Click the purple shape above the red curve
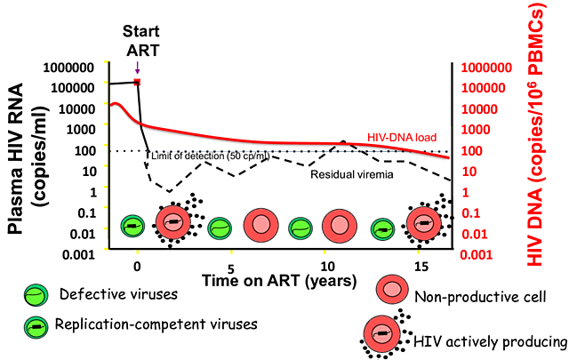coord(137,68)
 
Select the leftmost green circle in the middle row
coord(132,226)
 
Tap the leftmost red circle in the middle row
coord(173,222)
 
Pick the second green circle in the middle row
coord(220,228)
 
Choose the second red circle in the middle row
coord(260,225)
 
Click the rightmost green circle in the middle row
coord(382,229)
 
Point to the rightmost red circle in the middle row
coord(423,223)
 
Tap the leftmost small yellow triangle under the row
coord(137,254)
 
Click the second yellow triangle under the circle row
coord(231,254)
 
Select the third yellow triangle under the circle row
coord(325,254)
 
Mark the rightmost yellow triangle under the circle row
coord(418,254)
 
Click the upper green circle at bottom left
coord(36,295)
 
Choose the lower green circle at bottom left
coord(36,328)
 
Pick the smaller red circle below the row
coord(392,289)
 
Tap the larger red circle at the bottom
coord(382,333)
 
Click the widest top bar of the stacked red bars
coord(486,68)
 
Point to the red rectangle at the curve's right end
coord(402,137)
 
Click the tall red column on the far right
coord(535,133)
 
